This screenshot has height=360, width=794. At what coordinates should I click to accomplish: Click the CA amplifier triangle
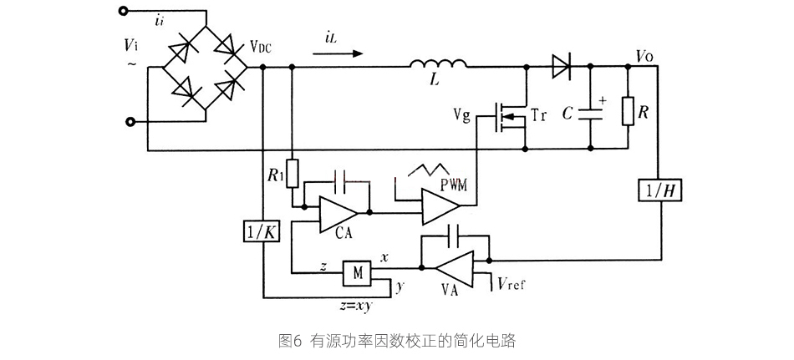tap(338, 215)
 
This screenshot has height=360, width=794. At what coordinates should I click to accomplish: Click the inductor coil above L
tap(438, 65)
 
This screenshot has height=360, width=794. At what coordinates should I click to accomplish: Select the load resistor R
tap(627, 110)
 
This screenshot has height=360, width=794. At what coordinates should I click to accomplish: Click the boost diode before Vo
tap(561, 65)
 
